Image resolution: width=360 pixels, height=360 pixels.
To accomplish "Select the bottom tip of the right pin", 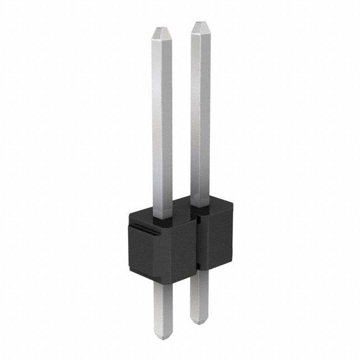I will point(199,322).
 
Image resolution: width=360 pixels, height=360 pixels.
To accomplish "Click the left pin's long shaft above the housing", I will point(161,124).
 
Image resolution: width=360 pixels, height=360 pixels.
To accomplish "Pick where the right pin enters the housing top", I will point(201,209).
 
